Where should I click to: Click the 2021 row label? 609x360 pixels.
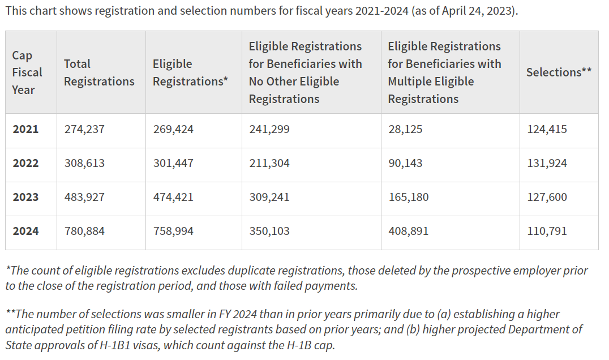[x=25, y=129]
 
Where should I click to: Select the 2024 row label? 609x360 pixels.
[x=25, y=231]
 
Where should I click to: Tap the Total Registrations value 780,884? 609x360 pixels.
[x=84, y=231]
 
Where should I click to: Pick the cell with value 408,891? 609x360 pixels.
[x=408, y=231]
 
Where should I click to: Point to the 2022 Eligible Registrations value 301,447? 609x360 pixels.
[x=173, y=163]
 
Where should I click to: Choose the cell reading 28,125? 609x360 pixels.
[x=405, y=129]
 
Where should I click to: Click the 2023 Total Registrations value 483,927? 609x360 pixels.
[x=84, y=197]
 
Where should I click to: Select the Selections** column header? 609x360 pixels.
[x=559, y=72]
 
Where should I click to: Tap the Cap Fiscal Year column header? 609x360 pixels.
[x=27, y=72]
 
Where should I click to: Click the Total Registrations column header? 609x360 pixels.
[x=99, y=72]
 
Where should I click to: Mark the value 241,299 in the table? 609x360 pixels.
[x=269, y=129]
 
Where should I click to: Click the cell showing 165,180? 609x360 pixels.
[x=408, y=197]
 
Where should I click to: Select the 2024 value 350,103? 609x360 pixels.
[x=269, y=231]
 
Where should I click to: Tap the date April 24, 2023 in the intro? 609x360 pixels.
[x=473, y=11]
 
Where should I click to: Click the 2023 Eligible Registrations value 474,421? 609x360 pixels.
[x=173, y=197]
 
